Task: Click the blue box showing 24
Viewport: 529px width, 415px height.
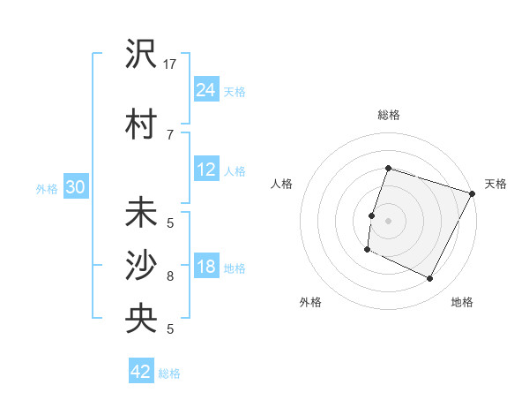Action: pos(206,90)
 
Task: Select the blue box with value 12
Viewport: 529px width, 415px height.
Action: pos(206,170)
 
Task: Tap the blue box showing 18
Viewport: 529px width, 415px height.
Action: pos(206,267)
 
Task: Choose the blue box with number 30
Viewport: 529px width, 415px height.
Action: pos(75,187)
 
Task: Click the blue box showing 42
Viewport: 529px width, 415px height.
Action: pos(141,372)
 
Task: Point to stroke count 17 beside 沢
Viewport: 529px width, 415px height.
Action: pos(170,64)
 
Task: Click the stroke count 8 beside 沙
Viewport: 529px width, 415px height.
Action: pos(170,275)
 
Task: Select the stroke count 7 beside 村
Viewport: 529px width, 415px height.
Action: pos(170,134)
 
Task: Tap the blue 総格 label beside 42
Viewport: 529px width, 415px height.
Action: pos(170,373)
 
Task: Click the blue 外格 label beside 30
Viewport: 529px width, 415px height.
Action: pos(47,188)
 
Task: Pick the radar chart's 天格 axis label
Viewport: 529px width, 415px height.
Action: pos(495,184)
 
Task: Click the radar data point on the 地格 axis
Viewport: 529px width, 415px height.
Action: pos(430,279)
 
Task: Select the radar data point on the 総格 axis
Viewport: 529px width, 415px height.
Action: pos(388,168)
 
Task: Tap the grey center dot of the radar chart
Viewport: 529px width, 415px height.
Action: pos(388,221)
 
